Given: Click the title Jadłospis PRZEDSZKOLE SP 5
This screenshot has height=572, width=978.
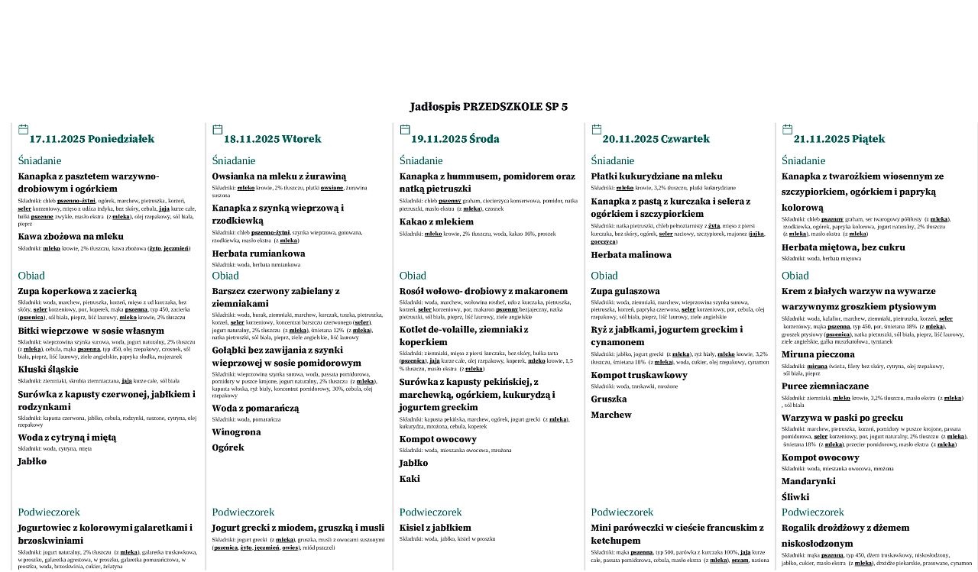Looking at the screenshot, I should [488, 107].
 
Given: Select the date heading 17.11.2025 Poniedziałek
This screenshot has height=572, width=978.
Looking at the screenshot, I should [92, 139].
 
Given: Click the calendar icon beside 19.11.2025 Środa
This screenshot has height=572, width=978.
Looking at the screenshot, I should [404, 130].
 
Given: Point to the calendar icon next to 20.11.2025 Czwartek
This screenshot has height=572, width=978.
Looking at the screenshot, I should [597, 130].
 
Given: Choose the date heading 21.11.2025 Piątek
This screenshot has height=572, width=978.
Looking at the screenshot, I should [839, 139].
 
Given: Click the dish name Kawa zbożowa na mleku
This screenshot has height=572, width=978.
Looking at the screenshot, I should [70, 237].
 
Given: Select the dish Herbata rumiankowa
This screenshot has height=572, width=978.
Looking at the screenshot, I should [258, 254].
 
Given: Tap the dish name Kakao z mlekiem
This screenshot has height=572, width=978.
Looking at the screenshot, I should [436, 222].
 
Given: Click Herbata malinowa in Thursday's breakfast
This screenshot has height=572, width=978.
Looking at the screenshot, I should [631, 255].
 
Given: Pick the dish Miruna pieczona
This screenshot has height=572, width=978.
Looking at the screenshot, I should [818, 354].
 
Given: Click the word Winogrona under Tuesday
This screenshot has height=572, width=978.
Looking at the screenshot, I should [236, 432].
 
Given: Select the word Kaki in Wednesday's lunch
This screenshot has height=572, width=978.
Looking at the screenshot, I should [410, 479].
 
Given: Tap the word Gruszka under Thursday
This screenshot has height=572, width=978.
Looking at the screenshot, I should [609, 399].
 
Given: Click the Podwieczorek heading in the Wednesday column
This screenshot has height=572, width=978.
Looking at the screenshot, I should [430, 512].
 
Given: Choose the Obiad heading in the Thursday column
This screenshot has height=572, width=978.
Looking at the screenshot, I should [604, 276].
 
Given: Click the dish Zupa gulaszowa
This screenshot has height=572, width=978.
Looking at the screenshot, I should [625, 291].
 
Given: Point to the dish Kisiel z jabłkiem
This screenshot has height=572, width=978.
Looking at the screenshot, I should [435, 528].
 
